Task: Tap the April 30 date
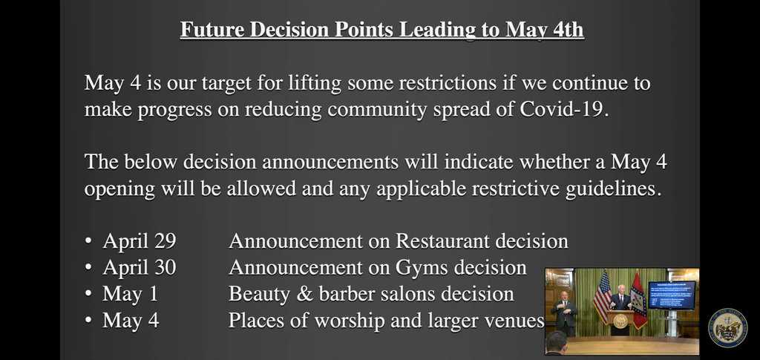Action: point(140,267)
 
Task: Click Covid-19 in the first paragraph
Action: point(563,109)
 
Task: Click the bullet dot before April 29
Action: point(88,241)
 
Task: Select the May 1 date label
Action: point(131,294)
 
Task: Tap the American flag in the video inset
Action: point(603,297)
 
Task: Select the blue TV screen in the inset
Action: point(671,295)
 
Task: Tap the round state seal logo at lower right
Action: point(727,328)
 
